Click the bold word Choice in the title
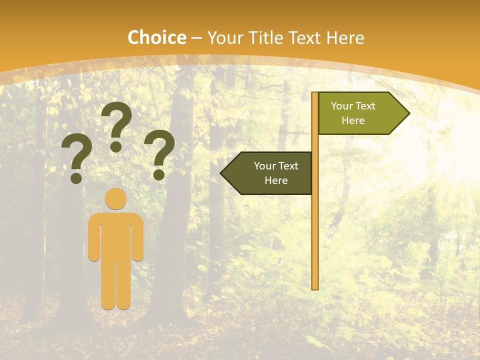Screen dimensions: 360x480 (x=156, y=38)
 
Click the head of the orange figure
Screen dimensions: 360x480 (x=116, y=198)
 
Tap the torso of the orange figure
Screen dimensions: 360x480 (x=116, y=235)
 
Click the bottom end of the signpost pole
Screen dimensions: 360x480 (x=315, y=287)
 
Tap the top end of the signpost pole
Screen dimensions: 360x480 (x=315, y=94)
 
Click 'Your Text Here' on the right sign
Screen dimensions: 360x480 (x=353, y=113)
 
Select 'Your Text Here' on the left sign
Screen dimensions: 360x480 (x=276, y=173)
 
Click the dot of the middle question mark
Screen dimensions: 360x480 (x=116, y=146)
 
